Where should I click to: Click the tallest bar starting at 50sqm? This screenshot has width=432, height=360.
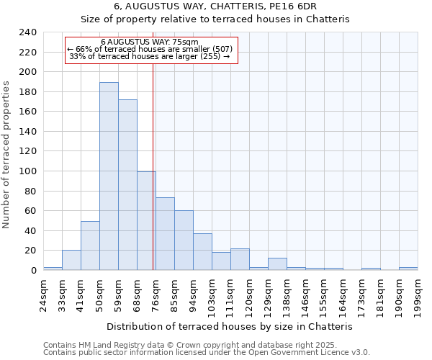(x=109, y=176)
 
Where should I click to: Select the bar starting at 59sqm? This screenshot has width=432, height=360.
(x=127, y=185)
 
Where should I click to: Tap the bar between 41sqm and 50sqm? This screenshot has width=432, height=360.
(x=90, y=246)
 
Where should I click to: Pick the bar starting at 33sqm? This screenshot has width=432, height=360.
(x=71, y=260)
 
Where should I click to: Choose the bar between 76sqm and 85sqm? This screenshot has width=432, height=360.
(x=165, y=234)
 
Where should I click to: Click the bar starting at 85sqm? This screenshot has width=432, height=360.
(x=184, y=240)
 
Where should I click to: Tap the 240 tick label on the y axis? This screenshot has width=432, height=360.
(x=27, y=32)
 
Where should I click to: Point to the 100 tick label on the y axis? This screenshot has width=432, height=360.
(x=27, y=171)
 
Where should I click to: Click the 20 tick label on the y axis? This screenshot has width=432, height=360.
(x=30, y=251)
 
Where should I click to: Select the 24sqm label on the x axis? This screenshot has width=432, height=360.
(x=43, y=291)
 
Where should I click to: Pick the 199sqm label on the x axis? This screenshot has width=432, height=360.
(x=418, y=291)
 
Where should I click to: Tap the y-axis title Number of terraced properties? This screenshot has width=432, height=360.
(x=7, y=155)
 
